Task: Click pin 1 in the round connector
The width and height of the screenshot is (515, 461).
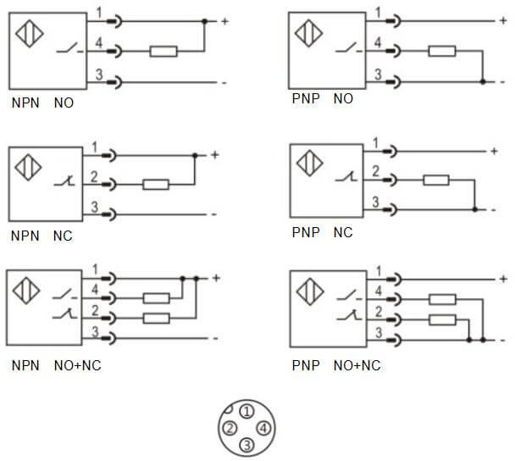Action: pyautogui.click(x=246, y=412)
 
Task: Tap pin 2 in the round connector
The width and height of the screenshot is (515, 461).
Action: pyautogui.click(x=229, y=427)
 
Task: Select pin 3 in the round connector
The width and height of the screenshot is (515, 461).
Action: pyautogui.click(x=246, y=443)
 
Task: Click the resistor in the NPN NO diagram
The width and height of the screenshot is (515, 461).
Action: pyautogui.click(x=163, y=51)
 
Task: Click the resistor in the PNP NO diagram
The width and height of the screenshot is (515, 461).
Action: pyautogui.click(x=441, y=51)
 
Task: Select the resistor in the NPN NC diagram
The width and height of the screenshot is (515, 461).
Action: pyautogui.click(x=156, y=183)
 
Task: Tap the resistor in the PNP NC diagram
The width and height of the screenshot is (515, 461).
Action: pyautogui.click(x=435, y=180)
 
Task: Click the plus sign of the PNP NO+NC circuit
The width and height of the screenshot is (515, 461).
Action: pyautogui.click(x=504, y=278)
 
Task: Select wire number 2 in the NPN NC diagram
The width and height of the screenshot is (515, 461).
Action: pyautogui.click(x=95, y=175)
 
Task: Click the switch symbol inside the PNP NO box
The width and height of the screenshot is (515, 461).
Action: pyautogui.click(x=346, y=52)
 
